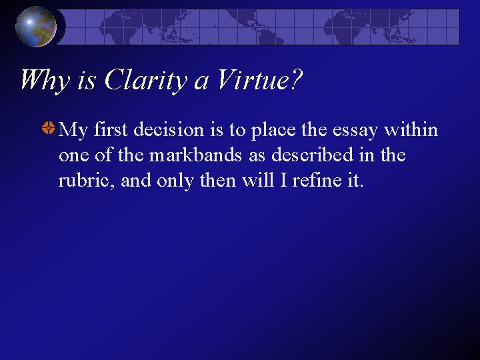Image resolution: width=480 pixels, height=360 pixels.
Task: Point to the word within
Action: point(411,129)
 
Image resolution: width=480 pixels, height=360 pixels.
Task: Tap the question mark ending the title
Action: point(296,81)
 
